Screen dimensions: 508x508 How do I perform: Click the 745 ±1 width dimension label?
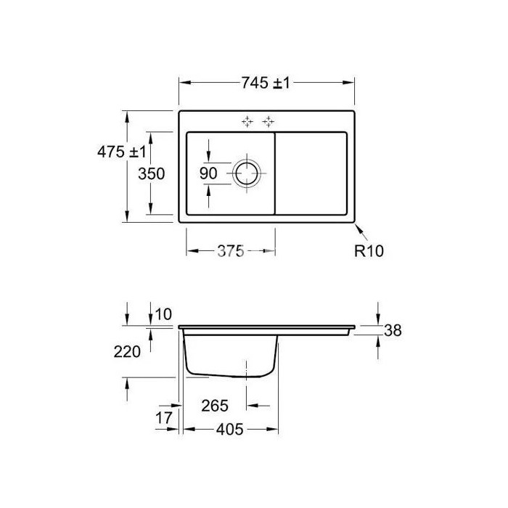[x=266, y=83]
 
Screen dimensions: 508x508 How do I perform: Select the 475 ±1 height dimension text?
[x=122, y=152]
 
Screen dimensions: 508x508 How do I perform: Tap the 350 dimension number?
[x=151, y=173]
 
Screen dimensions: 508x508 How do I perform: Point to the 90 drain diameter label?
[x=208, y=173]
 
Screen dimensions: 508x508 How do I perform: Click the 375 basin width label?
[x=230, y=251]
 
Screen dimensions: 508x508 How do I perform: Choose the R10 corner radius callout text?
[x=369, y=251]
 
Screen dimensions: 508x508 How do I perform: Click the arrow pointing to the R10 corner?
[x=361, y=232]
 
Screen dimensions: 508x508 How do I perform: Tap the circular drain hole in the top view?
[x=247, y=173]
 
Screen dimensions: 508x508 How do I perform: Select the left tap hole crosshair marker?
[x=247, y=121]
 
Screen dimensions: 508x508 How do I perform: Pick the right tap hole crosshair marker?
[x=269, y=121]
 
